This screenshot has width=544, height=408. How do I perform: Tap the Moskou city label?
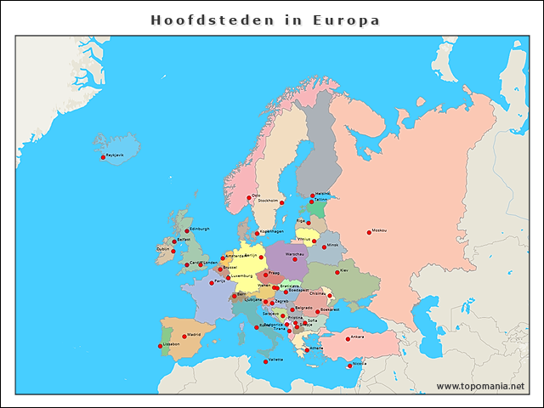click(x=379, y=230)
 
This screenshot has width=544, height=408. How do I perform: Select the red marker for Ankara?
click(x=345, y=338)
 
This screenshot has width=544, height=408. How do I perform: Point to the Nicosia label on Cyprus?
click(x=360, y=363)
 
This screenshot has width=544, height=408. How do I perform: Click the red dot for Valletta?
click(x=265, y=361)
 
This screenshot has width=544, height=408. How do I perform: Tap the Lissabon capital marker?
click(x=161, y=346)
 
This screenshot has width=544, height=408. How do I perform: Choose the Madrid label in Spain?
click(x=194, y=335)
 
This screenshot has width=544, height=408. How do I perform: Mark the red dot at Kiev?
click(x=337, y=273)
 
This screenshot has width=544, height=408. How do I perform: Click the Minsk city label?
click(x=332, y=246)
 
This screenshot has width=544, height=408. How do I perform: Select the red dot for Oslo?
click(x=249, y=197)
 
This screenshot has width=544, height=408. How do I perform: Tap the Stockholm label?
click(x=268, y=201)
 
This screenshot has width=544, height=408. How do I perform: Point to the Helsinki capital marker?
click(x=312, y=195)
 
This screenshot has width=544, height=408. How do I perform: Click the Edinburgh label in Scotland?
click(x=200, y=229)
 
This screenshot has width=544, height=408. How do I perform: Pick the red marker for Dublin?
click(x=174, y=252)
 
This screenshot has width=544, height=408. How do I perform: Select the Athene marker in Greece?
click(x=307, y=349)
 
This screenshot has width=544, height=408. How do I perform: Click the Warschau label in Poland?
click(x=296, y=254)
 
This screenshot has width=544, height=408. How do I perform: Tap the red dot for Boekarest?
click(x=318, y=311)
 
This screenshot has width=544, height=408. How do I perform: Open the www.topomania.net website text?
click(x=480, y=386)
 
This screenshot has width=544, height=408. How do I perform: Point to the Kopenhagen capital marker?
click(x=257, y=233)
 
